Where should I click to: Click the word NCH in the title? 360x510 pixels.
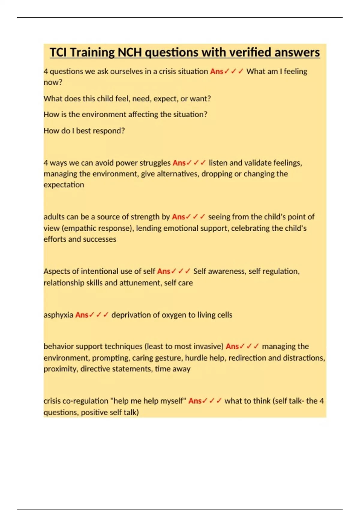[129, 52]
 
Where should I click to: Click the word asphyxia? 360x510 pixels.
[58, 315]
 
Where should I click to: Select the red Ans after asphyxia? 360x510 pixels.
[82, 315]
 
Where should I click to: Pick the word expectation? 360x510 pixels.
[64, 185]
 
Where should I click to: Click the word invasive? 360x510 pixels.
[207, 346]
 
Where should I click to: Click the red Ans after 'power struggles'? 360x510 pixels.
[179, 163]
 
